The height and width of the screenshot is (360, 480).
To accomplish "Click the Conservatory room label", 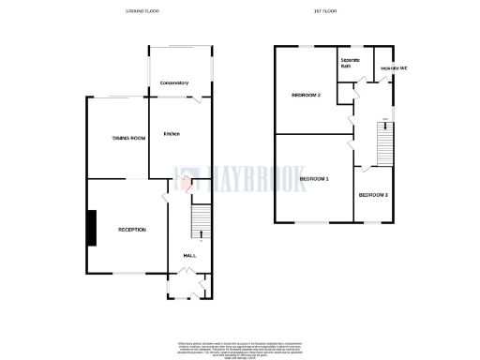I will (174, 82).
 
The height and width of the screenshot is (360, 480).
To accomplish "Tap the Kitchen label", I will (172, 134).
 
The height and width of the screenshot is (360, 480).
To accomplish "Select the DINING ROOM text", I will (129, 139).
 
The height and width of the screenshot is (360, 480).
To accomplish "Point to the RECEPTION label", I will (131, 229).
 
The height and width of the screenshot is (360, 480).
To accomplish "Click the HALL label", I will (188, 255).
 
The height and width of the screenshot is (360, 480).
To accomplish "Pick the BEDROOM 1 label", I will (313, 178).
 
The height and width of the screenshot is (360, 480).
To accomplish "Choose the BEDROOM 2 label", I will (306, 96).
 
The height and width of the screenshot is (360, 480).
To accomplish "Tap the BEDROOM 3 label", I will (373, 194).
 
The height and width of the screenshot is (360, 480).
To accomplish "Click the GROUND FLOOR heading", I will (143, 11).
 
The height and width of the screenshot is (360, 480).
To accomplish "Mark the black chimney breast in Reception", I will (92, 228).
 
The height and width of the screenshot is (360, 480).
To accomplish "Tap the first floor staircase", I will (383, 143).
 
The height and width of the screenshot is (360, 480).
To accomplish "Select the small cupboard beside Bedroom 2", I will (346, 93).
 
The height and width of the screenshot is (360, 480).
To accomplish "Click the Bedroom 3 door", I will (362, 168).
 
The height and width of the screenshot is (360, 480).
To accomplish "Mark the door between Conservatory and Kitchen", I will (195, 97).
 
